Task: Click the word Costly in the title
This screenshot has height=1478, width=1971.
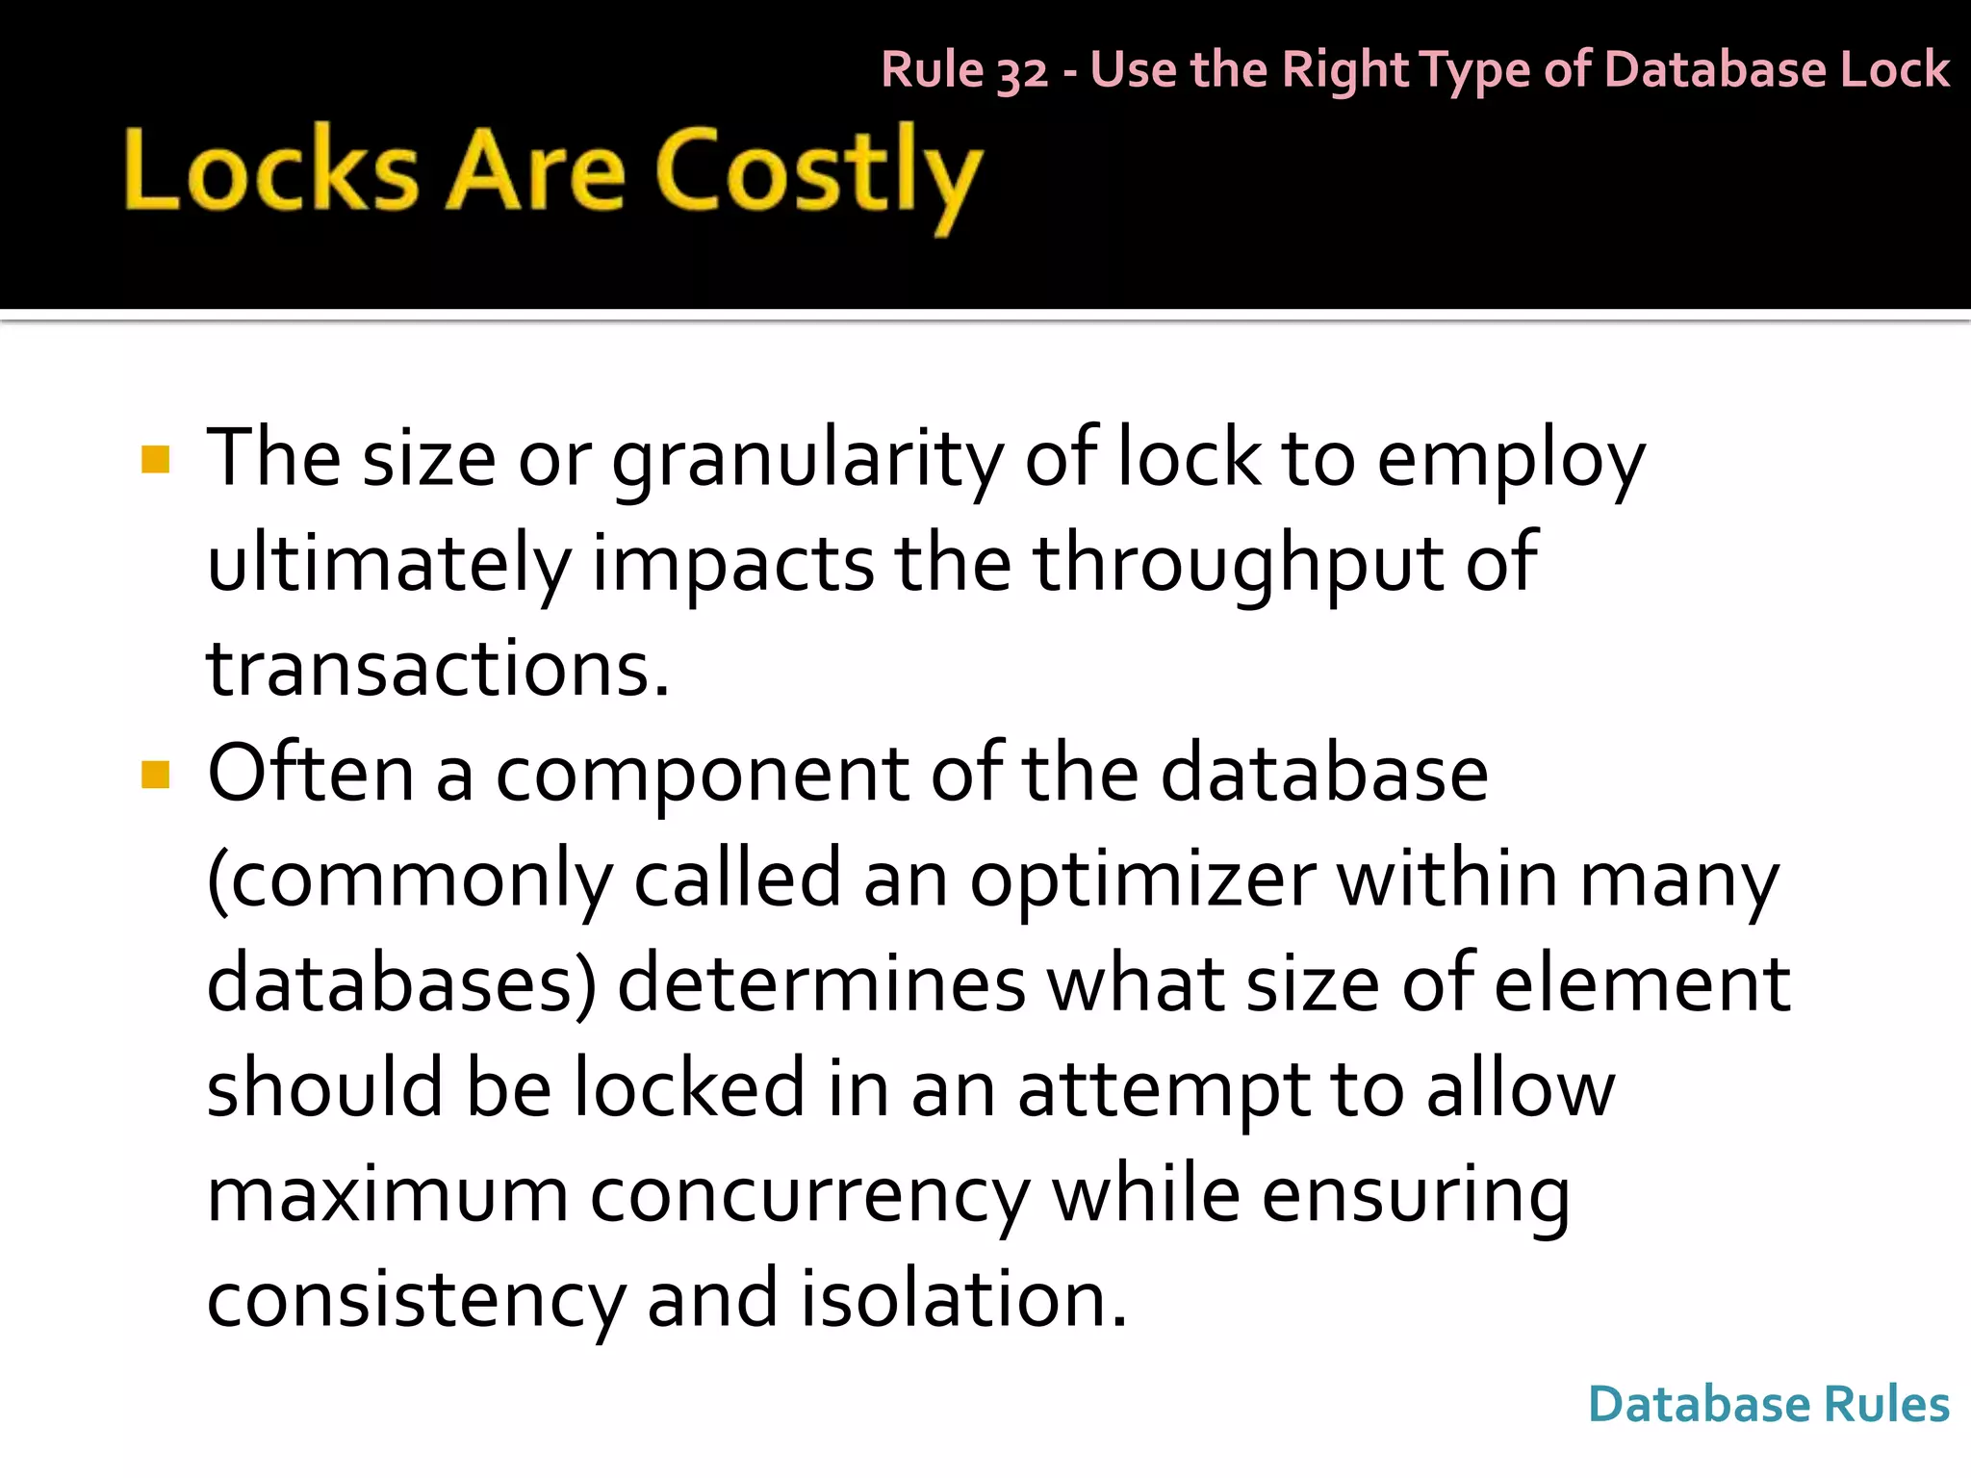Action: (x=818, y=173)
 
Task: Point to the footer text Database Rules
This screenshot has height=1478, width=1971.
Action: (x=1768, y=1404)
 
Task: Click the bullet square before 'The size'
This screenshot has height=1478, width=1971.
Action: (x=155, y=460)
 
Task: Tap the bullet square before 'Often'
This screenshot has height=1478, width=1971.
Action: (x=155, y=774)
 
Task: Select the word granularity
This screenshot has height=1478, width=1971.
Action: (x=807, y=460)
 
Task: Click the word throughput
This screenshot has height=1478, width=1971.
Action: (x=1238, y=564)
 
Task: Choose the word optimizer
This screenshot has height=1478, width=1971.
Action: (x=1142, y=879)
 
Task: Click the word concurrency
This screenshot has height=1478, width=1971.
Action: (x=809, y=1195)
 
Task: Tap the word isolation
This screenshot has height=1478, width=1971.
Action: (x=963, y=1299)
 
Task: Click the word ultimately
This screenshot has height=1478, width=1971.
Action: (x=389, y=564)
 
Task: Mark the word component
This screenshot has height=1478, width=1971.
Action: (x=702, y=776)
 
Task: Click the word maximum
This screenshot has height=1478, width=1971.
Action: (x=387, y=1195)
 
